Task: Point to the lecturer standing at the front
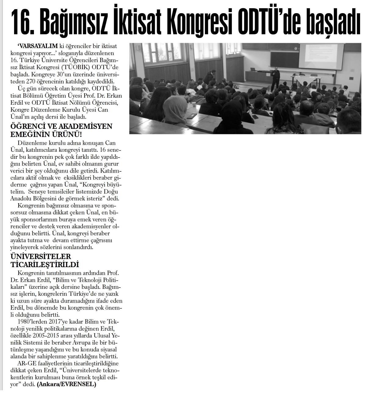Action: click(x=276, y=78)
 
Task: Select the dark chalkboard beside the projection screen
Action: click(x=284, y=59)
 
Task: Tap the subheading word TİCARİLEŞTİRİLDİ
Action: click(x=45, y=264)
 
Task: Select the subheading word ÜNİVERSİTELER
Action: click(x=41, y=256)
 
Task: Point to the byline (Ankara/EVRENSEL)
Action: click(x=66, y=384)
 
